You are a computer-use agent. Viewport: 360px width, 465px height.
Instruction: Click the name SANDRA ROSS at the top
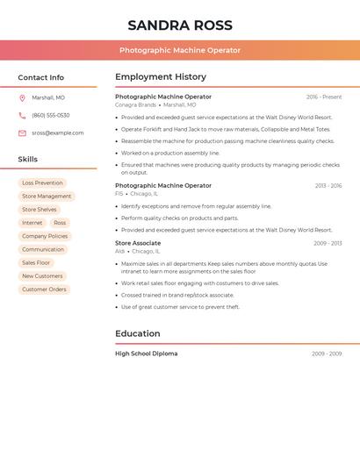coord(180,25)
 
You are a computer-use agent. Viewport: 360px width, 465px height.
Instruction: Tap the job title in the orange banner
coord(180,50)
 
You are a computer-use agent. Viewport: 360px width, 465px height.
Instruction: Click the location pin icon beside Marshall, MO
coord(22,97)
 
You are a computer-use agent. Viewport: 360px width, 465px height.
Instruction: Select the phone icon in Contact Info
coord(22,115)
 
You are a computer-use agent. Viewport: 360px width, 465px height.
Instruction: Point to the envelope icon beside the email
coord(22,133)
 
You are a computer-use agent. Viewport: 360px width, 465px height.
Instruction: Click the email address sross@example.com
coord(58,133)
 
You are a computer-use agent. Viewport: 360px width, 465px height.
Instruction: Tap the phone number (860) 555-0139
coord(51,115)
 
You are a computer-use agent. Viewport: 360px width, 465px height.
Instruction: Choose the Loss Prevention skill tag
coord(42,183)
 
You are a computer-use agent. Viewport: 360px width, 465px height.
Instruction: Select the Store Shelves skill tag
coord(40,210)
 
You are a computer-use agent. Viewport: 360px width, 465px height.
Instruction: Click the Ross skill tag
coord(60,223)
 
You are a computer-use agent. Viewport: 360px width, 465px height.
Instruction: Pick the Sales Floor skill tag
coord(36,262)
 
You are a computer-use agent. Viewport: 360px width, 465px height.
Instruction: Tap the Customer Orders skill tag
coord(44,289)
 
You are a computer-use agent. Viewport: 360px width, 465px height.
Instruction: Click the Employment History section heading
coord(161,77)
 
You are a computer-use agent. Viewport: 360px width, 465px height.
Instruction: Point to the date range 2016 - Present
coord(324,97)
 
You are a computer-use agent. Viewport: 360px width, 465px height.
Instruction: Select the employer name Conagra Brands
coord(135,105)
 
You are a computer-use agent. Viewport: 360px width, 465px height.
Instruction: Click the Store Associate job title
coord(138,243)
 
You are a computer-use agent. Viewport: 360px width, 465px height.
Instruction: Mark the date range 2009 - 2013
coord(328,243)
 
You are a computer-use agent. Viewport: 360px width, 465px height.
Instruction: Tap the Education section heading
coord(138,333)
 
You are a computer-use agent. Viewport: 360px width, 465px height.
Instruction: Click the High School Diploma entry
coord(146,354)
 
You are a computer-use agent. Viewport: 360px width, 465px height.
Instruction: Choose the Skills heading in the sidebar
coord(28,159)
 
